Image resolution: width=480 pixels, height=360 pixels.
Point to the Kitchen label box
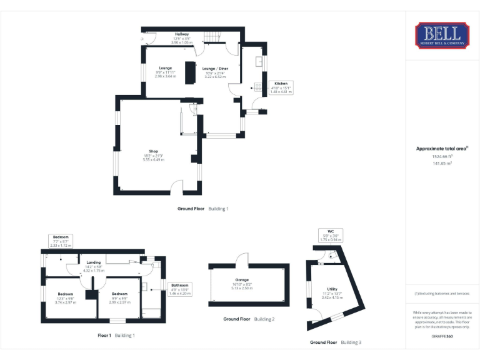click(x=281, y=87)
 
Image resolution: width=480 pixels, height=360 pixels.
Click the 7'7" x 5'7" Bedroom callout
click(x=61, y=241)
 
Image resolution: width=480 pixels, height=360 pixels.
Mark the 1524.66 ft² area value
click(x=442, y=156)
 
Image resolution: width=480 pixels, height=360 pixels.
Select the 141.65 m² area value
click(x=442, y=163)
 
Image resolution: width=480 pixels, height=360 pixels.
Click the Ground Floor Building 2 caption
click(x=249, y=319)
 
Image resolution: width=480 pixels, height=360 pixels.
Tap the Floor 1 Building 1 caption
click(x=116, y=336)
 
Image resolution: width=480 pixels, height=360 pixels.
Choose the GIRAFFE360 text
click(x=442, y=336)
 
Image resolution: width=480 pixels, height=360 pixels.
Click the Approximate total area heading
click(x=442, y=148)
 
